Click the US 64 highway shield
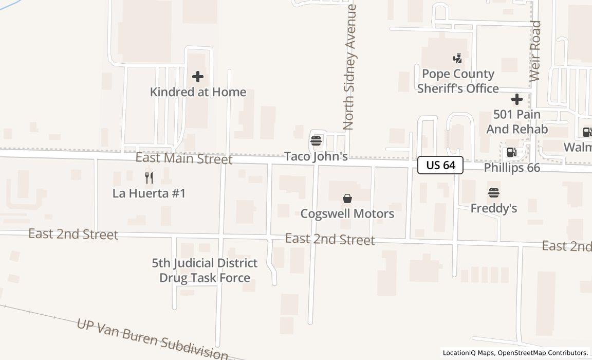[x=440, y=165]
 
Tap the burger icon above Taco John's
[x=316, y=140]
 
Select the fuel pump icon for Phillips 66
[x=511, y=152]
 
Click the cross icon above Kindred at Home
[x=198, y=77]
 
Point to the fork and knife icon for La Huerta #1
[x=149, y=178]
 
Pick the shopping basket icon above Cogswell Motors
[x=347, y=199]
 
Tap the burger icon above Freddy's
[x=494, y=193]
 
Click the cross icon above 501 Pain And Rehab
[x=517, y=99]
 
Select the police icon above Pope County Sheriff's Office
[x=457, y=59]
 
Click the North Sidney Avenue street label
[x=350, y=67]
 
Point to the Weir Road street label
[x=535, y=51]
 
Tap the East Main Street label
[x=183, y=158]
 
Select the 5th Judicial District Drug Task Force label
[x=205, y=271]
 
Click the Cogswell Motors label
[x=347, y=213]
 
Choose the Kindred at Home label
[x=198, y=92]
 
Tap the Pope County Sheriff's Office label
[x=457, y=81]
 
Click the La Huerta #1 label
[x=149, y=193]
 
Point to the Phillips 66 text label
[x=512, y=168]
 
